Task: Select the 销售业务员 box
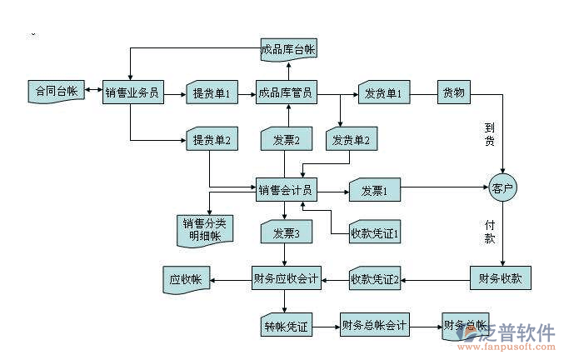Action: (131, 92)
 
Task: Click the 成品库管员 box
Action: (285, 92)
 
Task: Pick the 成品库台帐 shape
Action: (287, 50)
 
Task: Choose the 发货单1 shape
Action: (382, 92)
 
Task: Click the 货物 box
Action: (454, 92)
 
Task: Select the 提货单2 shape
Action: (210, 139)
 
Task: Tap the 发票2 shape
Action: (287, 139)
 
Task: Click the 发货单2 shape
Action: (351, 139)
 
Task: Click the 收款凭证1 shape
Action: (376, 233)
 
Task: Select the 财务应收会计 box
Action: (285, 277)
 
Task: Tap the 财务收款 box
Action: (500, 277)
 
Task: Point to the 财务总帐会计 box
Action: (374, 325)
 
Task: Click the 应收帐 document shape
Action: (185, 279)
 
